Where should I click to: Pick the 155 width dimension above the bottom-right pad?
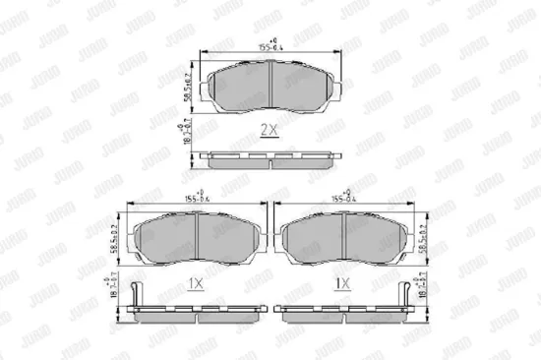point(342,198)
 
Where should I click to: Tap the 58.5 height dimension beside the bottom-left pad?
point(116,238)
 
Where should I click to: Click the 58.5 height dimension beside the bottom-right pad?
point(420,238)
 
